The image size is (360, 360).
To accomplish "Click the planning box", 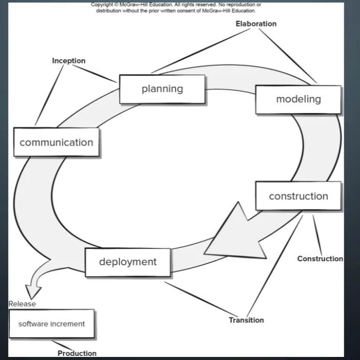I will (162, 89).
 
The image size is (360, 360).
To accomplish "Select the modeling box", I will (298, 99).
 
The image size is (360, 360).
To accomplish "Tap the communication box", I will (56, 143).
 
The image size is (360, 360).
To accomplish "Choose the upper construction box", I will (298, 196).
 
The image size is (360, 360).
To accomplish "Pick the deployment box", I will (127, 262).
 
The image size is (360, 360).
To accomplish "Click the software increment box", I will (52, 324).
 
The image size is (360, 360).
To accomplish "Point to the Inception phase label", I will (69, 61).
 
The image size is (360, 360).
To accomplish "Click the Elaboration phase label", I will (256, 24).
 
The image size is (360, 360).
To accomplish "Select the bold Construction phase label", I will (320, 259).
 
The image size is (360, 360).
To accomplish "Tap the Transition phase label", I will (246, 320).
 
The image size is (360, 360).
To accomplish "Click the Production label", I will (77, 353).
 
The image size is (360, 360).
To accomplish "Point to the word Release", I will (22, 304).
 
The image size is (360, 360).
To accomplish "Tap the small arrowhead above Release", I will (34, 291).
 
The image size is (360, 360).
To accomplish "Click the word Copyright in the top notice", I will (103, 5).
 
